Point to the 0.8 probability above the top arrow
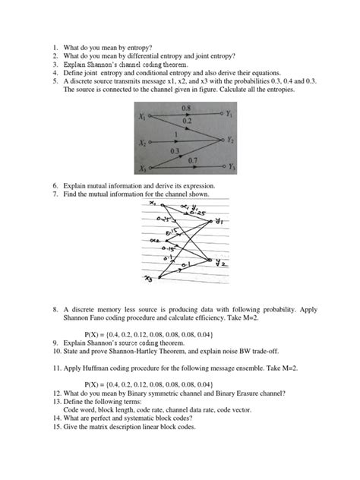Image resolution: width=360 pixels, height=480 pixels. tap(186, 109)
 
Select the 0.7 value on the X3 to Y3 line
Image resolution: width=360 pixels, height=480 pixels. tap(191, 159)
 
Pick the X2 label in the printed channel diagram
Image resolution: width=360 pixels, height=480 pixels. tap(141, 142)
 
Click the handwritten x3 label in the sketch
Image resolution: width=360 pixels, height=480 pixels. tap(147, 281)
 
